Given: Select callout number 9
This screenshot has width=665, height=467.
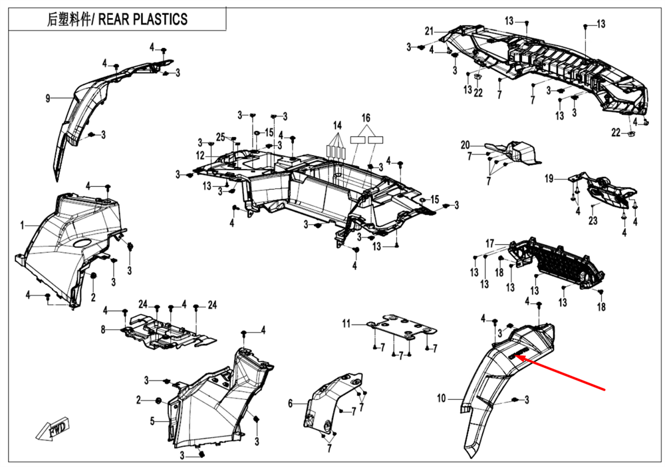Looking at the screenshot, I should tap(48, 99).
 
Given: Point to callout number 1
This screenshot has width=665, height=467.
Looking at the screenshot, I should tap(22, 224).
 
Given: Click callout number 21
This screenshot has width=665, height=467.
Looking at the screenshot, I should tap(429, 31).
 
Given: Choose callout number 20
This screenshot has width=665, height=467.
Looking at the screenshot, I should tap(465, 145).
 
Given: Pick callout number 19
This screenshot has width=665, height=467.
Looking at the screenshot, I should tap(549, 178).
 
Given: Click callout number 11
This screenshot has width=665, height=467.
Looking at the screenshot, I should tap(346, 324).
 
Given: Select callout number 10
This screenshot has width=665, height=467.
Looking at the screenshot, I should tap(441, 399).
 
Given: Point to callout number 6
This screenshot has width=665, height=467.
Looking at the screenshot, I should tap(291, 403).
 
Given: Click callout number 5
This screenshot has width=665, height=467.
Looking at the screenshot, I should tap(152, 420).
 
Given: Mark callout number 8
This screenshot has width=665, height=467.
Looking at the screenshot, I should tap(103, 329).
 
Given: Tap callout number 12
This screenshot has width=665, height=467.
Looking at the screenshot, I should tap(200, 156).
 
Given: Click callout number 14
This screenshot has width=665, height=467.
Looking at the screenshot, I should tap(337, 125).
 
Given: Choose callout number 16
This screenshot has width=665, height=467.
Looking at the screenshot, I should tap(366, 118).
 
